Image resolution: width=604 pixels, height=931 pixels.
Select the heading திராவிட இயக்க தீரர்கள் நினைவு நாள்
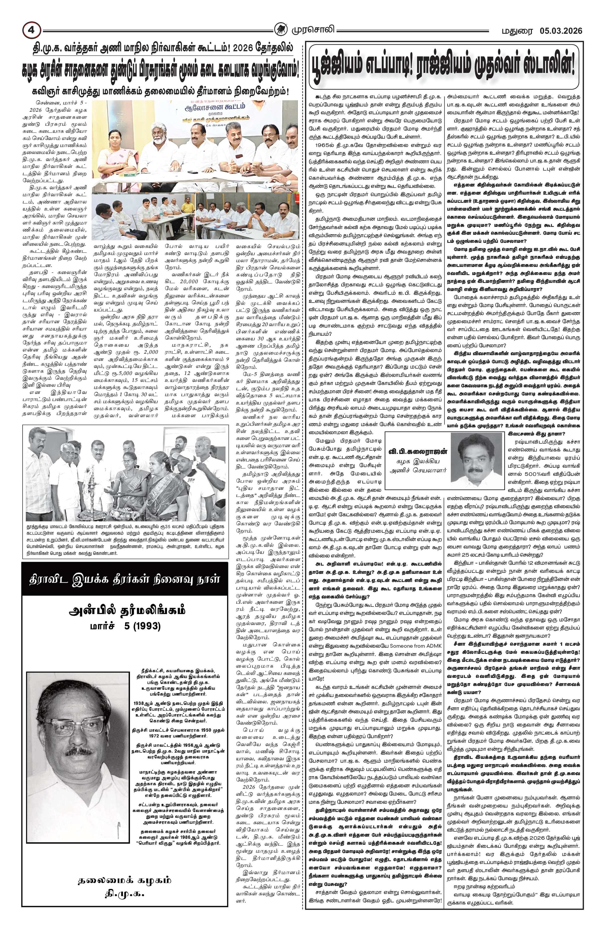pyautogui.click(x=124, y=579)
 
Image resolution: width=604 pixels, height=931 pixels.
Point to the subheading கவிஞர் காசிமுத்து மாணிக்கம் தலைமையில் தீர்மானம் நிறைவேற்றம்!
pyautogui.click(x=161, y=92)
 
